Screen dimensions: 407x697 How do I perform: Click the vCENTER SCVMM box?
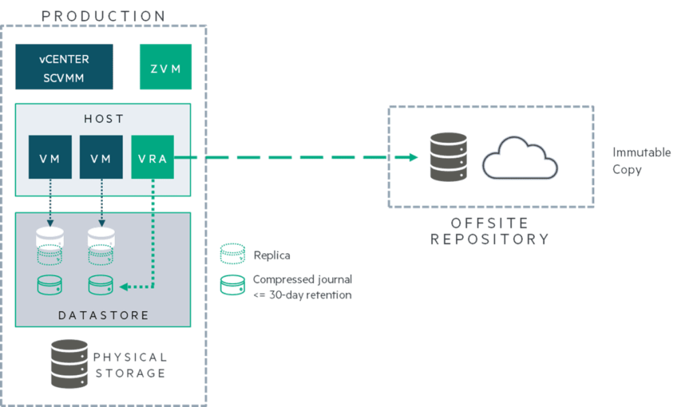click(x=64, y=67)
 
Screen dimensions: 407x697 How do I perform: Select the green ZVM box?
click(x=165, y=67)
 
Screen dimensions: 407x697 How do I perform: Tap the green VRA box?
click(x=153, y=157)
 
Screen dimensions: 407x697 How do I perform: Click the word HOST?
click(x=103, y=119)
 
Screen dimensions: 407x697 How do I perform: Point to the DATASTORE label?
click(x=103, y=315)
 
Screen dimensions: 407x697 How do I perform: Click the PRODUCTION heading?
click(x=103, y=15)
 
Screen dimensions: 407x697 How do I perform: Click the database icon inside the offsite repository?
click(x=449, y=157)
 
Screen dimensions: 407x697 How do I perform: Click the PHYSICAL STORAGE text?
click(x=130, y=365)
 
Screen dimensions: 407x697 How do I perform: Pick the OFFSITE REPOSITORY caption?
click(x=489, y=231)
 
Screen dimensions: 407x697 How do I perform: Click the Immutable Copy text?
click(x=641, y=161)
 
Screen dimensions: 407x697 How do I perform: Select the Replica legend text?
click(x=272, y=255)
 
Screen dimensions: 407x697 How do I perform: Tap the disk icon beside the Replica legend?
click(x=232, y=254)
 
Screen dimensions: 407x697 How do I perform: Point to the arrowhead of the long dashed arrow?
click(x=412, y=157)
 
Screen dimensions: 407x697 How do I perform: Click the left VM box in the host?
click(x=50, y=157)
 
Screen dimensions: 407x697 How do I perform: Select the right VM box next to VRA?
click(x=101, y=157)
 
